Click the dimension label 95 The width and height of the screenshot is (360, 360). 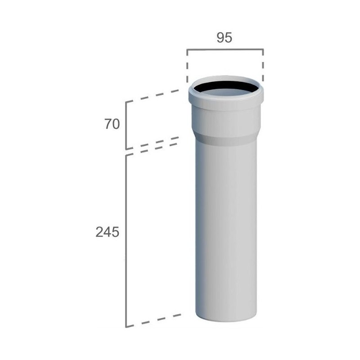point(224,38)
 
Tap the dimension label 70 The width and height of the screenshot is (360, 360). point(112,124)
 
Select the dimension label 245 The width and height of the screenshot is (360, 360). point(108,232)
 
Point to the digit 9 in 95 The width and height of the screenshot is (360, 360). point(220,38)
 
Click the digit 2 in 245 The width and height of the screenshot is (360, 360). point(99,232)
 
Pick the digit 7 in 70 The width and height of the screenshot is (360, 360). point(108,124)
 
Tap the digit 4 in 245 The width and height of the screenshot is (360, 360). point(108,232)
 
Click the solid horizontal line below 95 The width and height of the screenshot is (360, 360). point(225,49)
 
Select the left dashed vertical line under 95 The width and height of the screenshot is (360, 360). point(187,66)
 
